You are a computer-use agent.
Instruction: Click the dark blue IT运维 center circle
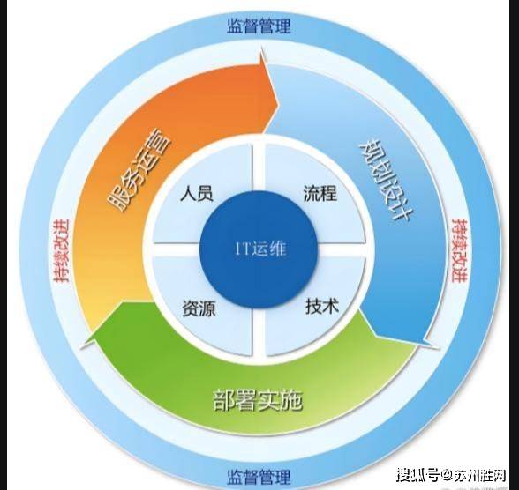point(259,249)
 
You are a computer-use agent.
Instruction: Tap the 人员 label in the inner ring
point(196,193)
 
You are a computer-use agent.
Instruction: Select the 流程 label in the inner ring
point(320,193)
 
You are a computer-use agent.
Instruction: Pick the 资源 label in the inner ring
point(199,308)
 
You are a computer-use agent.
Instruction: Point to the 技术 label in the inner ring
point(322,307)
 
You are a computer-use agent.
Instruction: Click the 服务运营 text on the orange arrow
point(139,173)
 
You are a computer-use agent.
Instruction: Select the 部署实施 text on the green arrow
point(258,400)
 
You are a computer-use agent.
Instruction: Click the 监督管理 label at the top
point(259,26)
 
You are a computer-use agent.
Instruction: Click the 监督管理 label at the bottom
point(259,476)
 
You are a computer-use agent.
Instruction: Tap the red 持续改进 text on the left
point(62,250)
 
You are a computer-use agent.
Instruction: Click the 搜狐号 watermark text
point(417,476)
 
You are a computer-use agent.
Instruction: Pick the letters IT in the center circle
point(243,249)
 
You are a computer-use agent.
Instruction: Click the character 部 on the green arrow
point(224,400)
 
